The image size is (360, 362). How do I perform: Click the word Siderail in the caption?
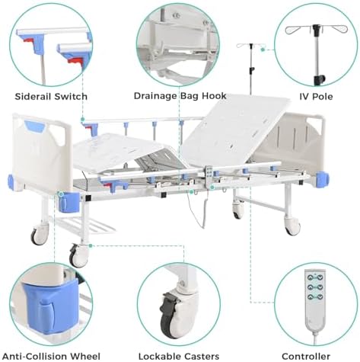pos(33,97)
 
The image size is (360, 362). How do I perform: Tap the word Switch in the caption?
pos(72,97)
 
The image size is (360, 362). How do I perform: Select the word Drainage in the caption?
pos(155,96)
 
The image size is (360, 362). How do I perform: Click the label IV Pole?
pos(316,97)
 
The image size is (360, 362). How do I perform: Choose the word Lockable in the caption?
pos(159,356)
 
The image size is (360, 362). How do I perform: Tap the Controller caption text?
pos(306,356)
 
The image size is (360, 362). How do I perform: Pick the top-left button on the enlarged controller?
pos(310,277)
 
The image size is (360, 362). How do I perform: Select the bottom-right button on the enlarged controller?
pos(320,296)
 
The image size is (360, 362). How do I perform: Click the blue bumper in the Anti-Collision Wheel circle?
pos(51,306)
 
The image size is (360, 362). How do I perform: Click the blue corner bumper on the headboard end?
pos(322,178)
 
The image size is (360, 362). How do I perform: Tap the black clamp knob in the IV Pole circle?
pos(319,79)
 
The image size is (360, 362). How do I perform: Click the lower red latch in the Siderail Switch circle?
pos(75,61)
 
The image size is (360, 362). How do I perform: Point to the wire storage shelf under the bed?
pos(84,226)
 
